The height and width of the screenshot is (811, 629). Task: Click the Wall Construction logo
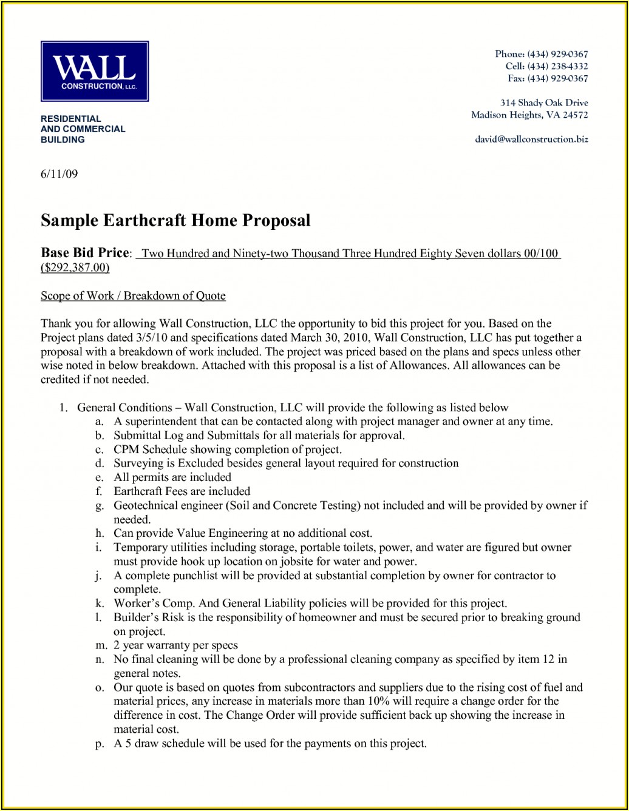pos(95,71)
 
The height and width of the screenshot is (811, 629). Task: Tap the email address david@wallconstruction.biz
pos(531,139)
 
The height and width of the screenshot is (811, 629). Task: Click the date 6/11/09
pos(59,174)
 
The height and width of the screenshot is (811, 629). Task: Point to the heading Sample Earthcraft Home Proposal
pos(175,220)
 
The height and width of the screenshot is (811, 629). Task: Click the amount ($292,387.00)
pos(75,268)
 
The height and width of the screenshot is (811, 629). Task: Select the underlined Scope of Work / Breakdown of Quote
pos(133,296)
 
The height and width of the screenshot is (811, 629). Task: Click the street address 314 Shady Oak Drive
pos(544,103)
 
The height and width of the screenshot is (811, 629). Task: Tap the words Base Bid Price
pos(85,253)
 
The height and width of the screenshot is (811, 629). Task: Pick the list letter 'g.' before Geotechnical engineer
pos(100,506)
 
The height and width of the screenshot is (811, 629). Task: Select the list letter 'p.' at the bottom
pos(100,744)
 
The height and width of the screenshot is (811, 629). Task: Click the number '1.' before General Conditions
pos(63,408)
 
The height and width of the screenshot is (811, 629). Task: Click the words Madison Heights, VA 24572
pos(529,115)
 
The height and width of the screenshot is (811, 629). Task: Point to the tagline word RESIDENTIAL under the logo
pos(70,119)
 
